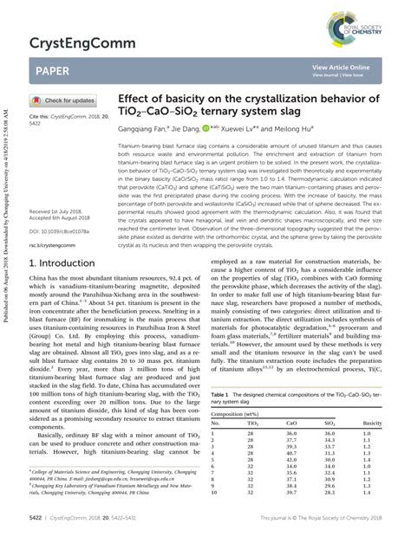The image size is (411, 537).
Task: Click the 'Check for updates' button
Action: (x=62, y=100)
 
